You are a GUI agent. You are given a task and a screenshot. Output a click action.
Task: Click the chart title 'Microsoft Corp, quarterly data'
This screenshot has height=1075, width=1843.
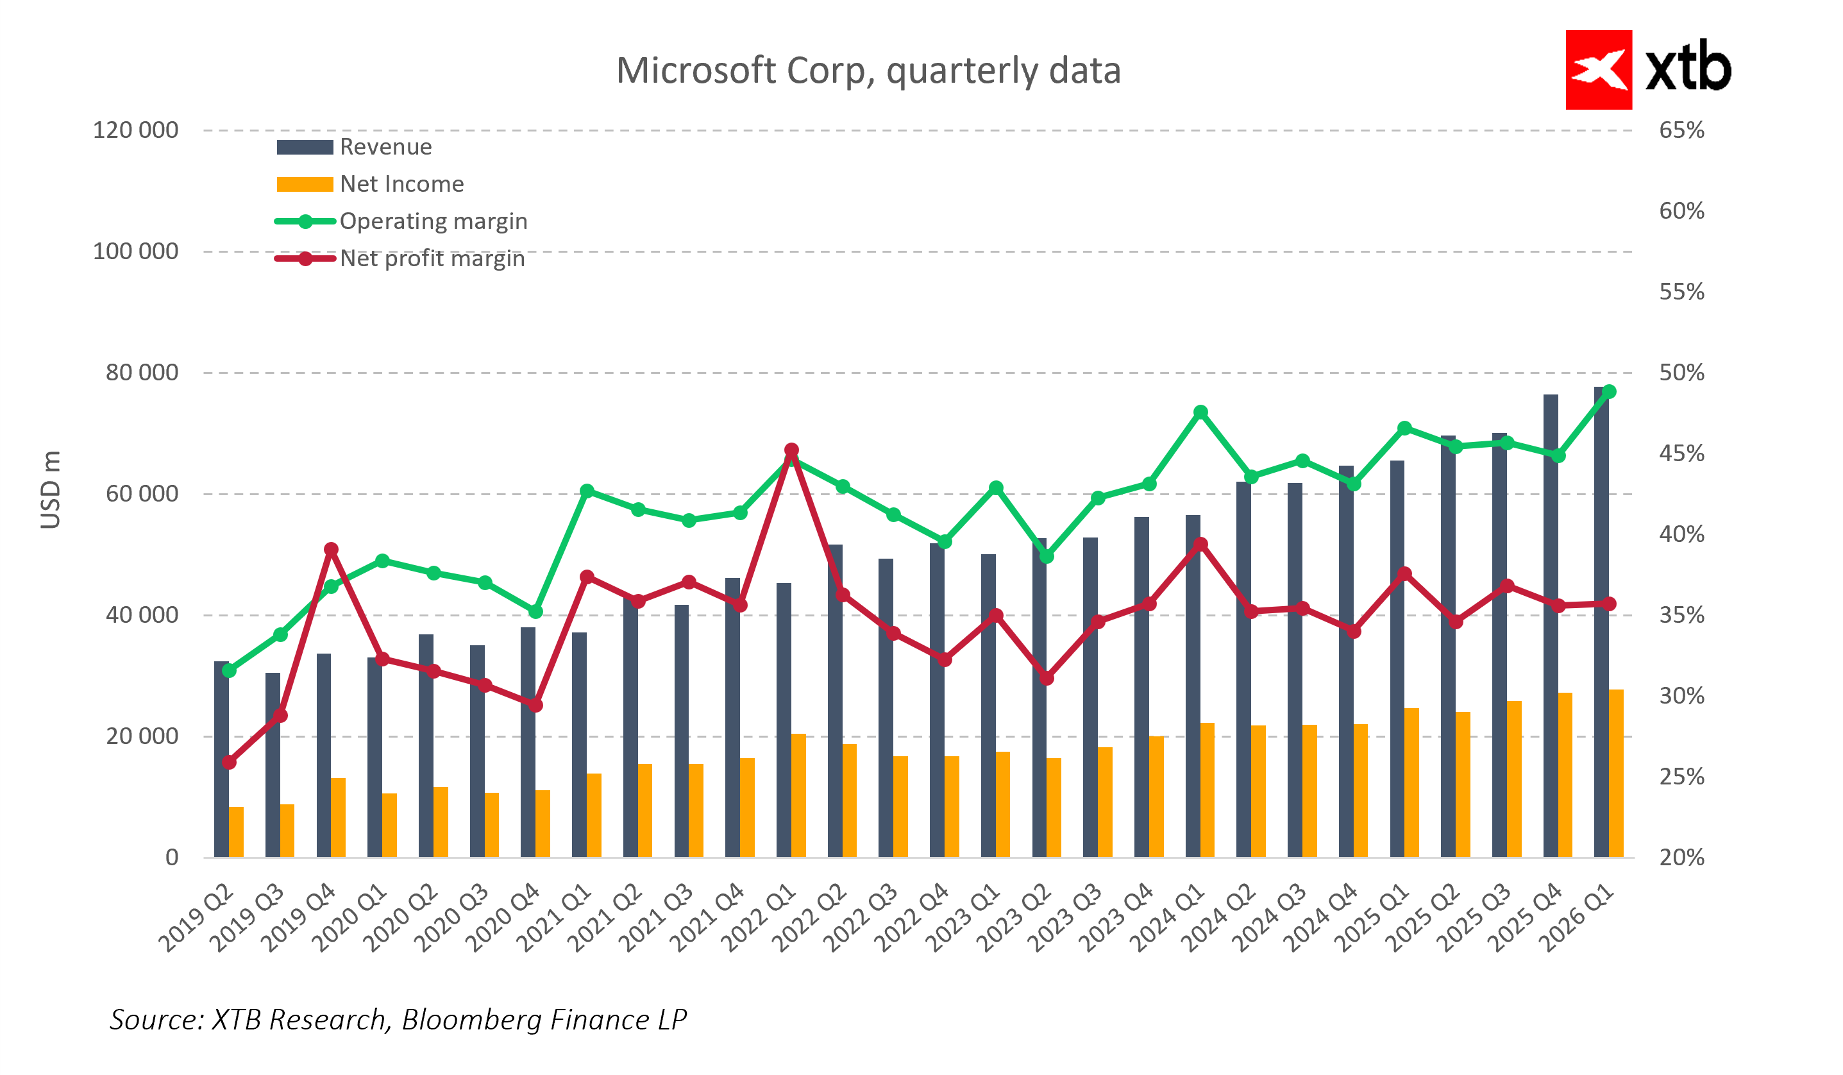tap(868, 71)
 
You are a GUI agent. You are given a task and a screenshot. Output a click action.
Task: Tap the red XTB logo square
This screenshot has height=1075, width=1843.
tap(1598, 69)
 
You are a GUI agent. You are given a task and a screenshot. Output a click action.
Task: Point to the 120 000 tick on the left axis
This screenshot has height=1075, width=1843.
tap(135, 130)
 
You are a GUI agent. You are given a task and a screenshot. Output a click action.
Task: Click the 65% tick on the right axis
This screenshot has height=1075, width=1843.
tap(1681, 130)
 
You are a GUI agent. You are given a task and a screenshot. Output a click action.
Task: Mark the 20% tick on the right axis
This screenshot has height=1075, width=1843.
tap(1681, 857)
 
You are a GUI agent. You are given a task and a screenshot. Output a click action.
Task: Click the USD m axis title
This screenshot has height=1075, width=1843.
tap(50, 490)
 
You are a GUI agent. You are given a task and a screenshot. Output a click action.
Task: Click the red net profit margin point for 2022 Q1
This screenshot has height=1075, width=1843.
tap(791, 450)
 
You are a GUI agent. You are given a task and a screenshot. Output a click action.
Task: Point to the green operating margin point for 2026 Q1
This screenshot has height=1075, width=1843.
tap(1609, 392)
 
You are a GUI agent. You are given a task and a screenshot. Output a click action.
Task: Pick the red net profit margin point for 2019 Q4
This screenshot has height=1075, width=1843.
tap(332, 549)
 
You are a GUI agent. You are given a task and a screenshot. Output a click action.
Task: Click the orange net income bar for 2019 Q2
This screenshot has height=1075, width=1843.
tap(236, 831)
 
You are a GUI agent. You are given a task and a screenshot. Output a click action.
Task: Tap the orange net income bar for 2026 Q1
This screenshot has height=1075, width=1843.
tap(1616, 773)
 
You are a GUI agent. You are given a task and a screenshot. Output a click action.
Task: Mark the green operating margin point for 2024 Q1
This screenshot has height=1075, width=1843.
tap(1200, 412)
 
